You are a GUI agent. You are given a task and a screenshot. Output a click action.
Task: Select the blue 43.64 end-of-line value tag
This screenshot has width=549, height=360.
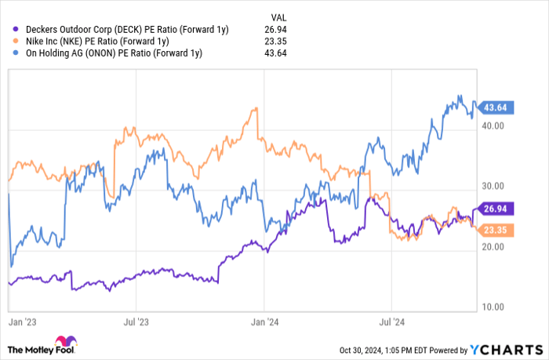(496, 107)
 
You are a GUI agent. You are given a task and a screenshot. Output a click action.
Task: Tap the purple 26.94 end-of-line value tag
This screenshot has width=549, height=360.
(496, 209)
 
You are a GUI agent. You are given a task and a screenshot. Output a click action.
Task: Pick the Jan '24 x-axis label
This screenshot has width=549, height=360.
(265, 321)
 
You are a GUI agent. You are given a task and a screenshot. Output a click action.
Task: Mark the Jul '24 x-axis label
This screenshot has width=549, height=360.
(391, 321)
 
